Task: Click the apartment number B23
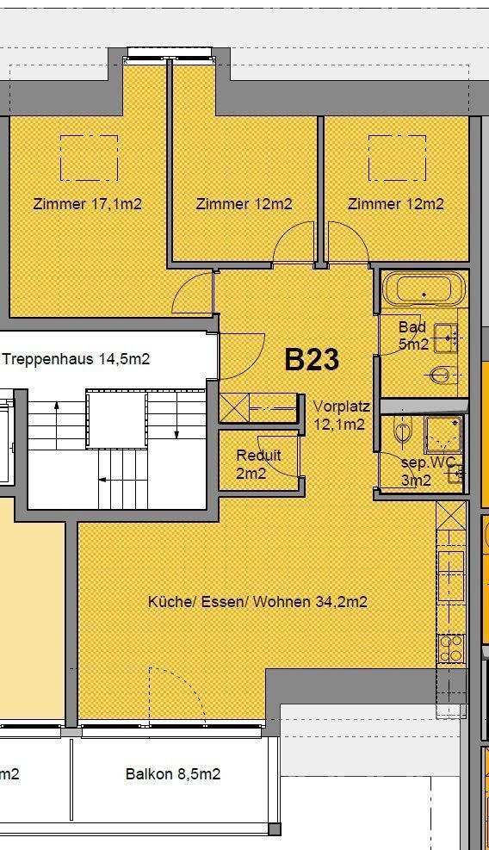click(x=311, y=360)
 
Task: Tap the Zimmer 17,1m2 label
click(x=87, y=204)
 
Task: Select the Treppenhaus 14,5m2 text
click(x=76, y=359)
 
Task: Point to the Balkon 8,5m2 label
click(x=172, y=774)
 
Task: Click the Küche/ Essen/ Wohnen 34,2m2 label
click(x=257, y=602)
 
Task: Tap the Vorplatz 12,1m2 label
click(x=341, y=415)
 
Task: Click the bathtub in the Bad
click(x=423, y=289)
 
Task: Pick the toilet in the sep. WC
click(x=400, y=431)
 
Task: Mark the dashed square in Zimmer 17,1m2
click(x=88, y=158)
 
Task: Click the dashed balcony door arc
click(x=176, y=693)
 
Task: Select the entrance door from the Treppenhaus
click(x=243, y=355)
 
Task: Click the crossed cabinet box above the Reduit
click(x=233, y=406)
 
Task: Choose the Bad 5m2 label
click(x=413, y=336)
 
